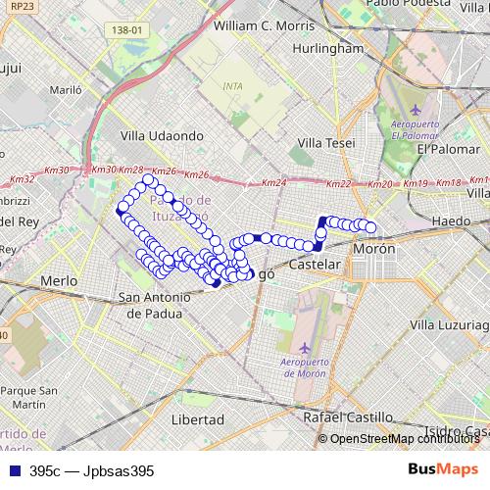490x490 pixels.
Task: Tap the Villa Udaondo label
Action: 161,136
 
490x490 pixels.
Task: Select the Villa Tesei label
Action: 326,143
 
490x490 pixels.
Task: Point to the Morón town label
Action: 374,249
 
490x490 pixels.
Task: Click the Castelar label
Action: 316,266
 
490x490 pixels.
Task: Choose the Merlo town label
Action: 59,280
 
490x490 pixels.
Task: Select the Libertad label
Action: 198,418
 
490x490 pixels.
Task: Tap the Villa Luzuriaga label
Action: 450,324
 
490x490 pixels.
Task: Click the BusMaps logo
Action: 443,470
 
